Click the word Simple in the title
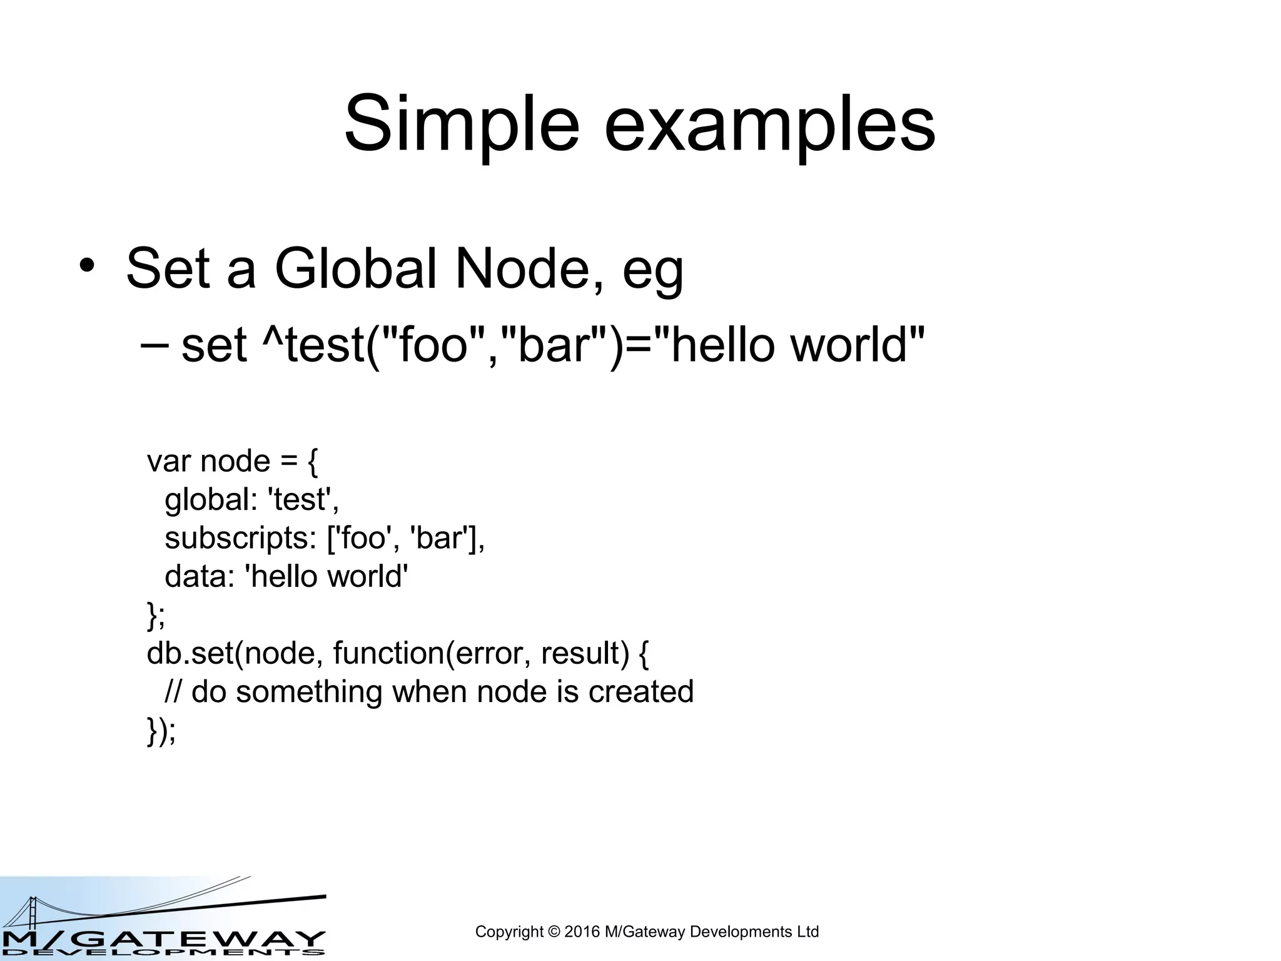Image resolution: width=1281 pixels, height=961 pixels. pos(462,124)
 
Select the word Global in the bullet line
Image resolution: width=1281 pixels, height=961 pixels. pos(355,269)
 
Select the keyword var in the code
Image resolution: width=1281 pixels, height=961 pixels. pos(168,462)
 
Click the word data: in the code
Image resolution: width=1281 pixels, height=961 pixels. pos(199,577)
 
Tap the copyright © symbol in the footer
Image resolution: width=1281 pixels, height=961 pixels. pos(554,932)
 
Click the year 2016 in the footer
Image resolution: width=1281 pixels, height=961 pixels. pos(582,932)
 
